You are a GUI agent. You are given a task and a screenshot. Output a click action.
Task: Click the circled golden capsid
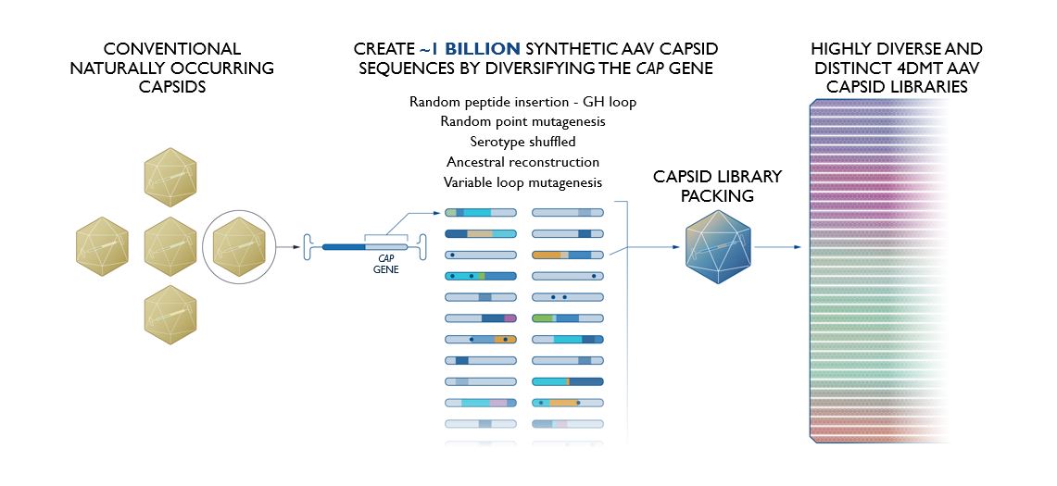(x=239, y=247)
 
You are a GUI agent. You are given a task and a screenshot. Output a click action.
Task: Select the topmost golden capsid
(x=170, y=178)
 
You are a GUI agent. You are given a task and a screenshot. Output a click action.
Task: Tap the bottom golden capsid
(x=170, y=315)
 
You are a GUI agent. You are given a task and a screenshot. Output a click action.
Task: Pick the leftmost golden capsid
(x=102, y=247)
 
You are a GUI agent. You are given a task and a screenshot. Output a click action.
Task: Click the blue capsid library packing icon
(x=718, y=247)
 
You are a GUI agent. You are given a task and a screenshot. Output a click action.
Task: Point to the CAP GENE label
(x=385, y=263)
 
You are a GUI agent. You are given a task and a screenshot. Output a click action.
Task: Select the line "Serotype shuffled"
(x=522, y=143)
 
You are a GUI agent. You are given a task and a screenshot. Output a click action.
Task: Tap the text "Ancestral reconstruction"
(x=522, y=162)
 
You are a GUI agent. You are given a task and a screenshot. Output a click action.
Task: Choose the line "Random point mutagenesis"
(x=522, y=122)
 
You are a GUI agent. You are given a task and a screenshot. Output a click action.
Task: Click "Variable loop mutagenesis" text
(x=522, y=182)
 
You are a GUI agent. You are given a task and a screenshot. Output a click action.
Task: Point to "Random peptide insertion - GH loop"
(x=522, y=102)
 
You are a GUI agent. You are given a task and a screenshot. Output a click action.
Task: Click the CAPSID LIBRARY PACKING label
(x=717, y=186)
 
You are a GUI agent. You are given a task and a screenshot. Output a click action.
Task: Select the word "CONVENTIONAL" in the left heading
(x=172, y=49)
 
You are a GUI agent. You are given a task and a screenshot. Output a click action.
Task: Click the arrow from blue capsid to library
(x=777, y=247)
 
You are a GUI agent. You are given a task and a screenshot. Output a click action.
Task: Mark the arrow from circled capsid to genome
(x=288, y=247)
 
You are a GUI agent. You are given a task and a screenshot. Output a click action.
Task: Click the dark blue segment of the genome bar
(x=344, y=247)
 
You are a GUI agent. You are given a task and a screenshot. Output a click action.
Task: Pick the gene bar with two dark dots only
(x=568, y=297)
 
